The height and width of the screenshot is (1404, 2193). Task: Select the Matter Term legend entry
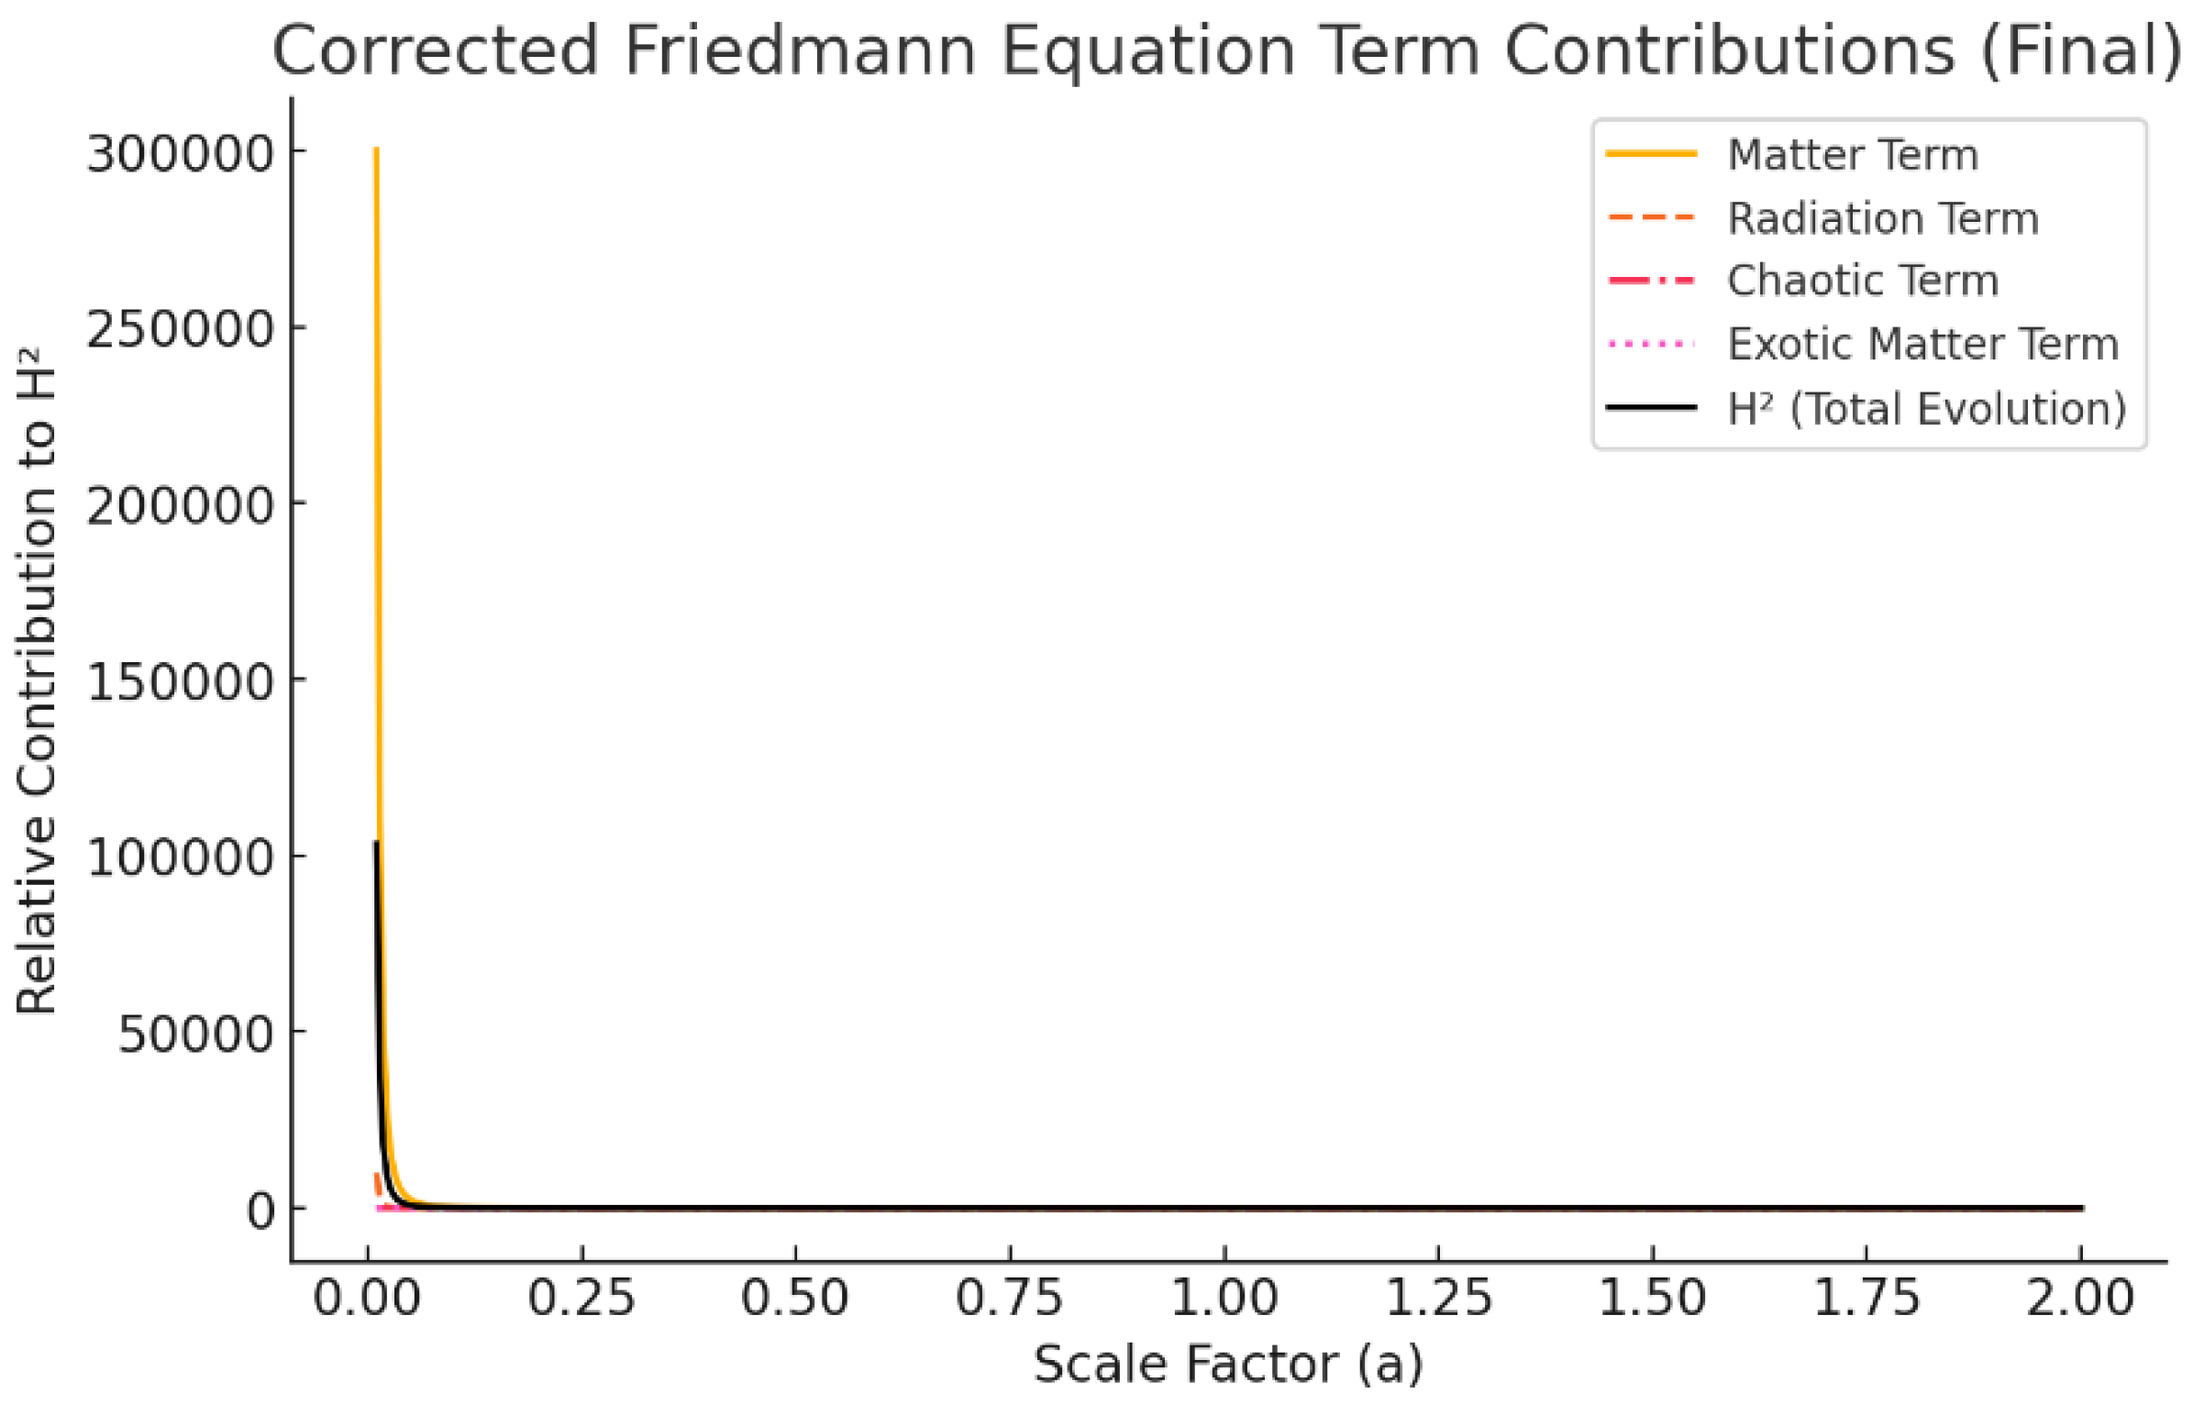pyautogui.click(x=1852, y=154)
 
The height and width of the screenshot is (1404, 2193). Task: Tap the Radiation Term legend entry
pyautogui.click(x=1882, y=218)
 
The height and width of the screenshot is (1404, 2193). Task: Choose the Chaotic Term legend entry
pyautogui.click(x=1862, y=281)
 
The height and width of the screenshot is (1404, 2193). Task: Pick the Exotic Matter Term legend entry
pyautogui.click(x=1922, y=345)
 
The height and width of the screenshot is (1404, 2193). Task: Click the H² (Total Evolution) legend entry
pyautogui.click(x=1926, y=408)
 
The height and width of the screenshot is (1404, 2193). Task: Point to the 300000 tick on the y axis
pyautogui.click(x=180, y=153)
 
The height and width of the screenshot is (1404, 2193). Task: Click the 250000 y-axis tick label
pyautogui.click(x=180, y=328)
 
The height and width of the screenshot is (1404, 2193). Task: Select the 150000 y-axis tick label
pyautogui.click(x=180, y=681)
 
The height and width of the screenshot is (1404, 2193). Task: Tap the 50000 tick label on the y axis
pyautogui.click(x=195, y=1034)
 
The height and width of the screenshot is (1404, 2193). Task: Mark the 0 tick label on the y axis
pyautogui.click(x=260, y=1211)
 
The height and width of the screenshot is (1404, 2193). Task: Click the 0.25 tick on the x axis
pyautogui.click(x=581, y=1299)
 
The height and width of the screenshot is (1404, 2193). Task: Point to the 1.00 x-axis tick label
pyautogui.click(x=1224, y=1299)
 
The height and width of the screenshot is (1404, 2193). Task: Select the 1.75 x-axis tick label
pyautogui.click(x=1866, y=1299)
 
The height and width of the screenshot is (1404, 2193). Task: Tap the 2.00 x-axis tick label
pyautogui.click(x=2080, y=1299)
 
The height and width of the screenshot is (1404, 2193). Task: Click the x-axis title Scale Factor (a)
pyautogui.click(x=1227, y=1364)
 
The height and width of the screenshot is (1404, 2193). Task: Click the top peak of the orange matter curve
pyautogui.click(x=376, y=149)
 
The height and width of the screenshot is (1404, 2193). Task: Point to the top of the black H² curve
pyautogui.click(x=376, y=843)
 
